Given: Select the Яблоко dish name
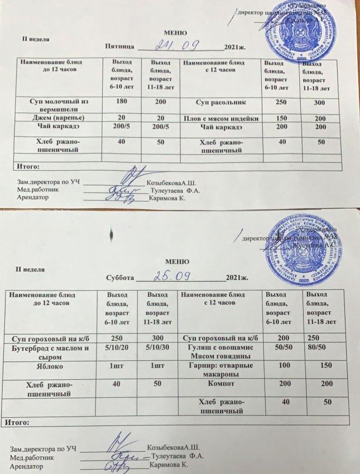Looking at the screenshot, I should pos(51,367).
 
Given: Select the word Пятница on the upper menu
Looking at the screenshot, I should pos(118,48).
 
